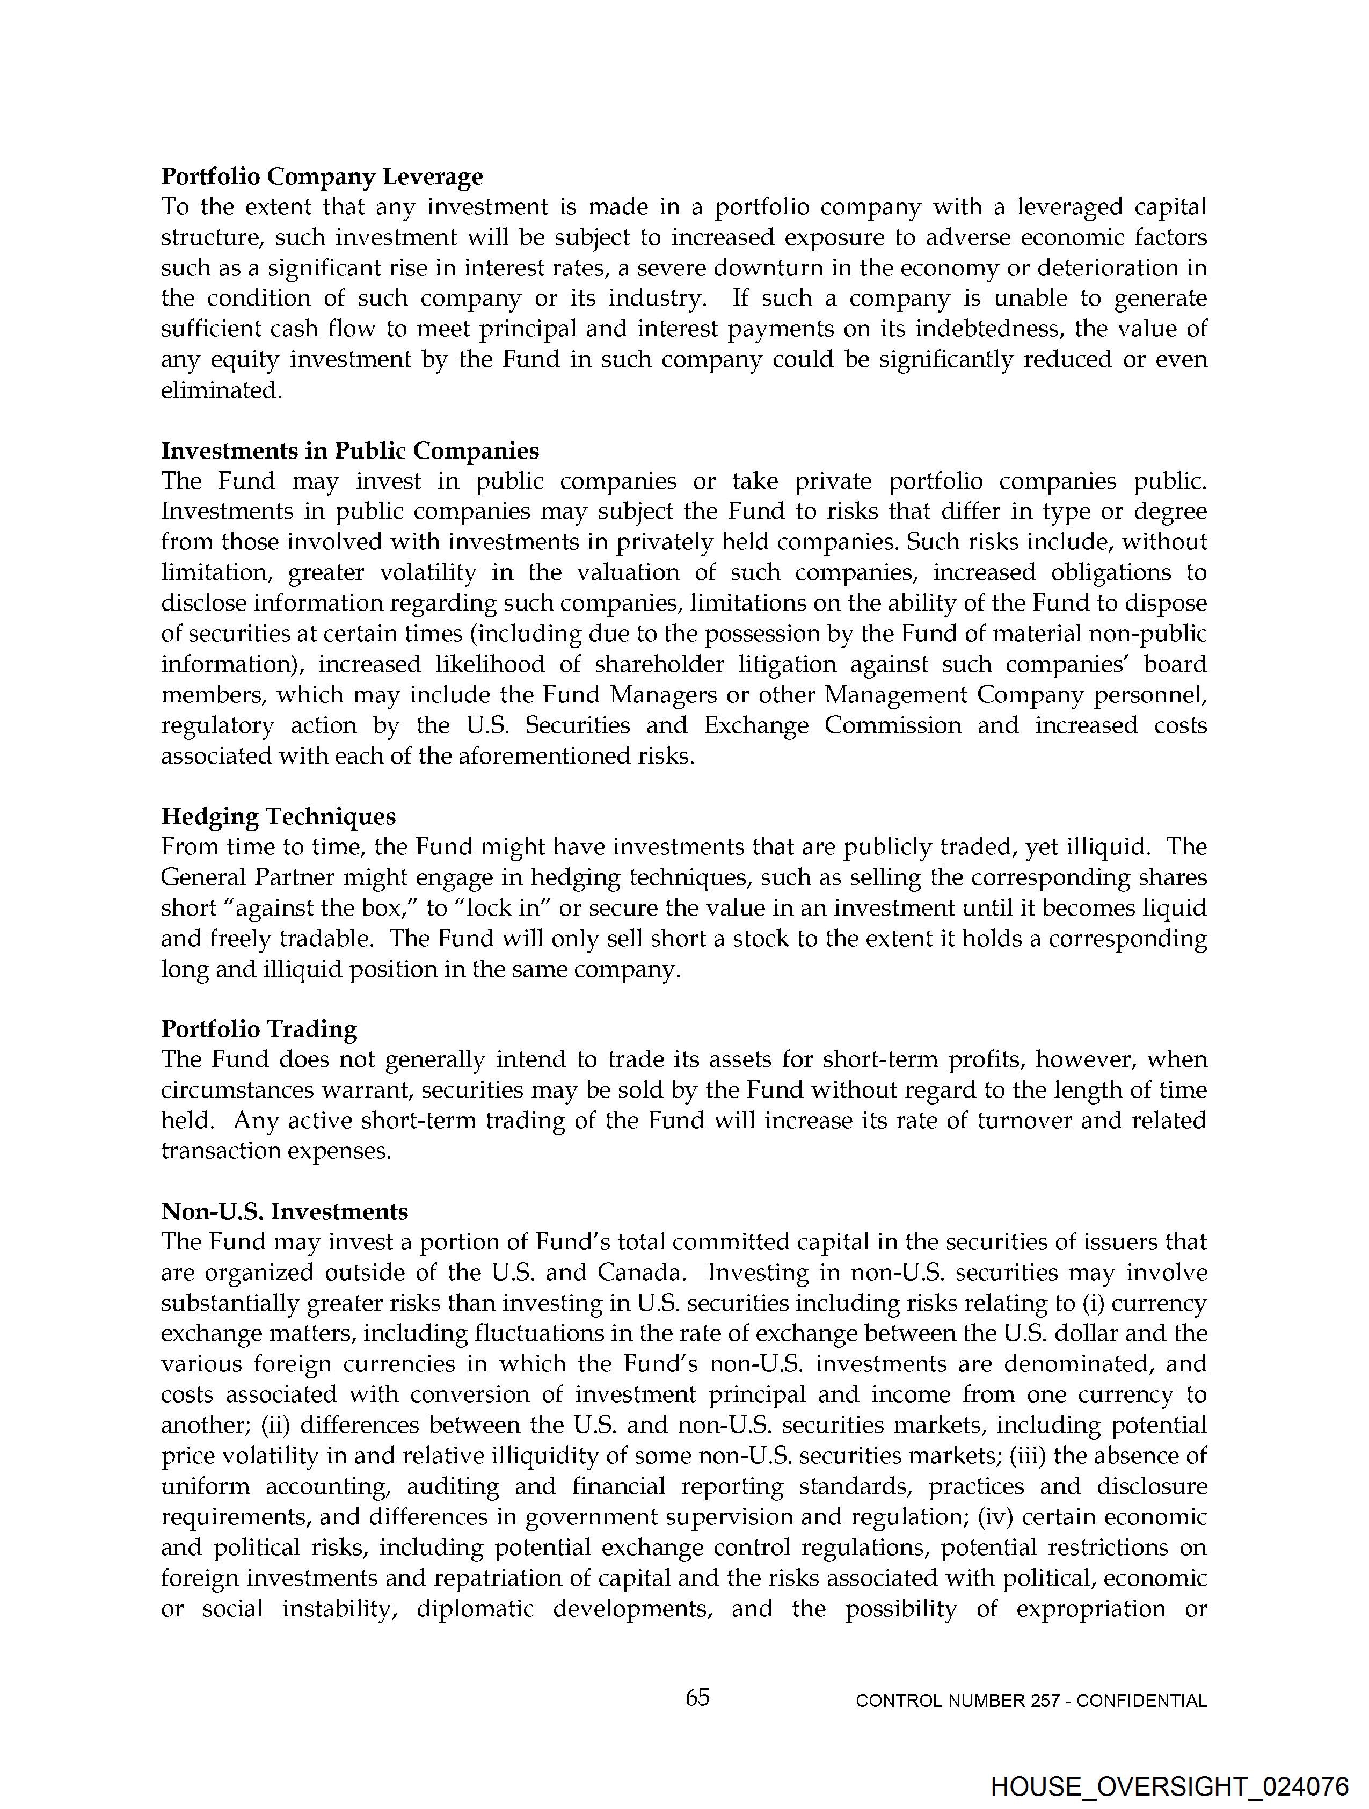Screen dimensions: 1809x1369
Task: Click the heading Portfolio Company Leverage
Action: (322, 177)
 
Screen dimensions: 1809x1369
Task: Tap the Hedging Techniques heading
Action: (278, 816)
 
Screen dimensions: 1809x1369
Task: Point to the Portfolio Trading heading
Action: (259, 1029)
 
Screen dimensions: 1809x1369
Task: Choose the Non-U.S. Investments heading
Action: (285, 1211)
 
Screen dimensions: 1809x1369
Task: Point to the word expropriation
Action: (1090, 1609)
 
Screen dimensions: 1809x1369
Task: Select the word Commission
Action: (892, 725)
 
